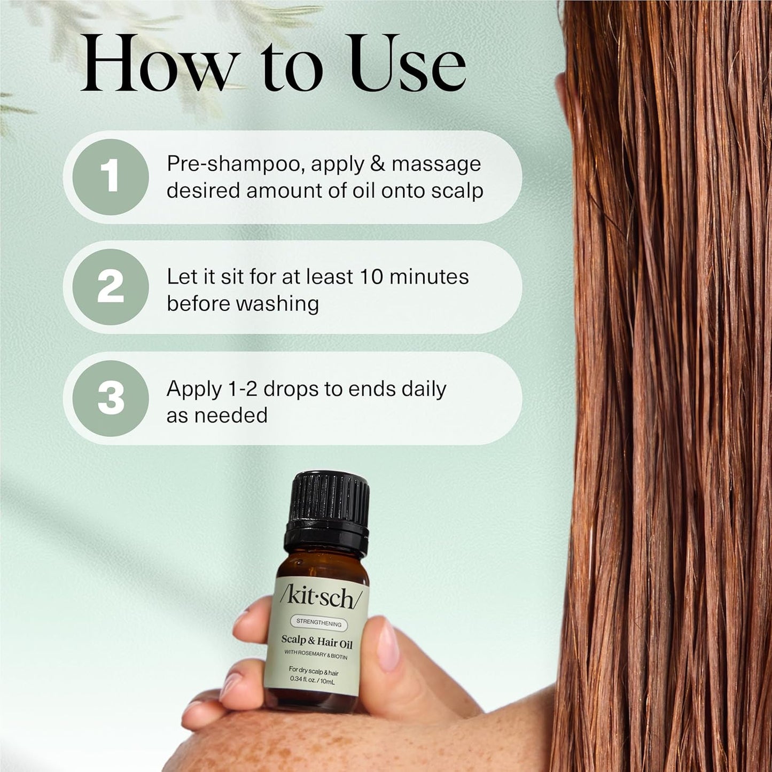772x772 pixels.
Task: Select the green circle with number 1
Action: (x=111, y=177)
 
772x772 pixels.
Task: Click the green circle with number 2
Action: (x=111, y=287)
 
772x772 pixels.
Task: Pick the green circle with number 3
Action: (x=111, y=398)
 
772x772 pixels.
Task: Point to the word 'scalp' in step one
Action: (x=457, y=191)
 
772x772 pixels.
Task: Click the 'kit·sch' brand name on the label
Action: (x=320, y=597)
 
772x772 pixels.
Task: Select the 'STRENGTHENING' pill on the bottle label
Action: (x=318, y=623)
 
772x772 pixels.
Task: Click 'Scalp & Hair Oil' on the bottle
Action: (x=317, y=641)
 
